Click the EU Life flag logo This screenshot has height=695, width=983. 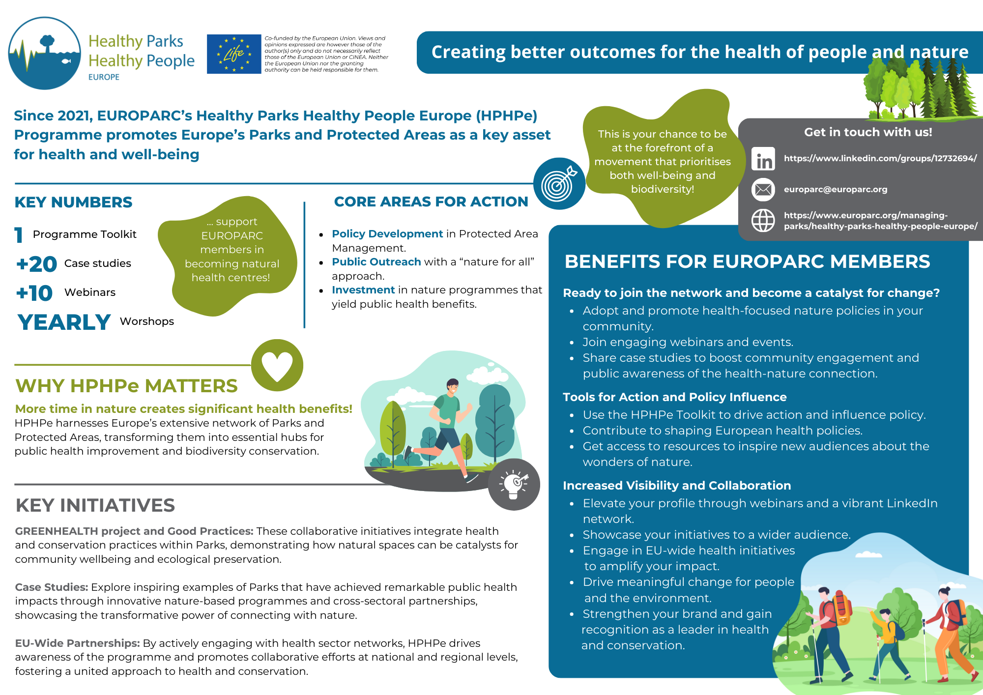pyautogui.click(x=234, y=54)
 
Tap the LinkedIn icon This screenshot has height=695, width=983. pyautogui.click(x=763, y=159)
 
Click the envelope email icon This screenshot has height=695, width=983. pyautogui.click(x=763, y=190)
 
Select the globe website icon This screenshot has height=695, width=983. pyautogui.click(x=763, y=220)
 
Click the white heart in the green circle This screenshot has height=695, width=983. pyautogui.click(x=277, y=366)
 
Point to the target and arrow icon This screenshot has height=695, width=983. pyautogui.click(x=559, y=184)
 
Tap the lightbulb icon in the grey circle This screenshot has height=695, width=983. pyautogui.click(x=514, y=484)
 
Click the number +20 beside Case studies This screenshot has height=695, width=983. pyautogui.click(x=37, y=264)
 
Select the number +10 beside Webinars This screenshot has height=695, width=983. pyautogui.click(x=34, y=293)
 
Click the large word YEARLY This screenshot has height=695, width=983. pyautogui.click(x=64, y=322)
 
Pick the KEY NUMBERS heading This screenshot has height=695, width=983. pyautogui.click(x=73, y=202)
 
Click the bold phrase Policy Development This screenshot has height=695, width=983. pyautogui.click(x=387, y=234)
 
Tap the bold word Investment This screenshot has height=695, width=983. pyautogui.click(x=363, y=290)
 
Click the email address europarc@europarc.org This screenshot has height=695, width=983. pyautogui.click(x=836, y=189)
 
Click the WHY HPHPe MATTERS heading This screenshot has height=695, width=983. pyautogui.click(x=126, y=386)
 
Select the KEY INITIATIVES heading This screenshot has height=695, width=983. pyautogui.click(x=95, y=505)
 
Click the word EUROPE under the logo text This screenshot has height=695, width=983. pyautogui.click(x=104, y=77)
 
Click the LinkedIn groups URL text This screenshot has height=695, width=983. pyautogui.click(x=880, y=158)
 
